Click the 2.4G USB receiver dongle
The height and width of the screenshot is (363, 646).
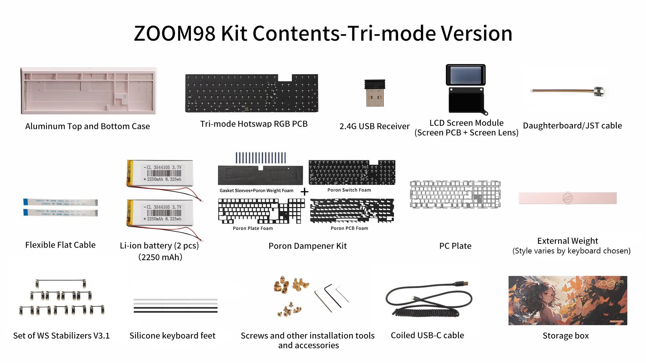374,93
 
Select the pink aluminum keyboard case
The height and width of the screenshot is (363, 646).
88,91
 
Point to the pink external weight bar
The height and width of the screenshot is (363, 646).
568,198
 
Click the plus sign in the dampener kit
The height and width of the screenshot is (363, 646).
304,192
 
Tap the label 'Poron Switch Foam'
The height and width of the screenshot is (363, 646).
349,190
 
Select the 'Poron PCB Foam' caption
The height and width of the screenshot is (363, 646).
349,228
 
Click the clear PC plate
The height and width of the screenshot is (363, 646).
455,194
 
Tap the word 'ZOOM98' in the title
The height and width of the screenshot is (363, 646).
174,34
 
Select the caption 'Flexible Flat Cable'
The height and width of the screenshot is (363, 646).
60,245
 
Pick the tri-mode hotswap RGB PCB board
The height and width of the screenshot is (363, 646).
251,93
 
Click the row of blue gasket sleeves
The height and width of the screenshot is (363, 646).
260,158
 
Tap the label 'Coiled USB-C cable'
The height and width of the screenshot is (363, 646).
427,335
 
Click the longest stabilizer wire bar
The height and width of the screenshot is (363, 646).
60,280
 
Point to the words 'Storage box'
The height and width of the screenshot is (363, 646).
566,335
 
